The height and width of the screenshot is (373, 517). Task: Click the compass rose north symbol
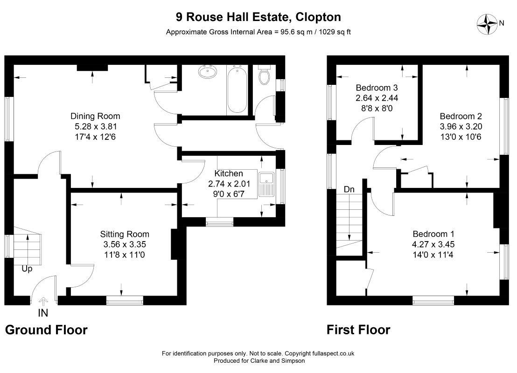(x=487, y=24)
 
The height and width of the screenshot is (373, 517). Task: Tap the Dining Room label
(x=95, y=116)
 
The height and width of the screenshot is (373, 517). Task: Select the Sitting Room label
(x=125, y=234)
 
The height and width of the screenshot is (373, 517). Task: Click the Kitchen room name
(x=229, y=173)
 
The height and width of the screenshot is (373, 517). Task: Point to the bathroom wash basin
(x=207, y=72)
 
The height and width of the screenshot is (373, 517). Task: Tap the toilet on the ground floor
(x=265, y=75)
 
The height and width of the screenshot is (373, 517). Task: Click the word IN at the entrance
(x=43, y=313)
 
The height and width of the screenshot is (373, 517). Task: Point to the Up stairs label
(x=27, y=269)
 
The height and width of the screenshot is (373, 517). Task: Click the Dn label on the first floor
(x=349, y=189)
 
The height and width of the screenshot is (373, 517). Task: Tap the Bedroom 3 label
(x=377, y=88)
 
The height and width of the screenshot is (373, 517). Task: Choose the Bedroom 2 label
(x=461, y=116)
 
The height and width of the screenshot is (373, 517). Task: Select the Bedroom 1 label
(x=433, y=234)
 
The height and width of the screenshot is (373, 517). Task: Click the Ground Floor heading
(x=46, y=330)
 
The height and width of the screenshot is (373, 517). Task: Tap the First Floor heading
(x=358, y=330)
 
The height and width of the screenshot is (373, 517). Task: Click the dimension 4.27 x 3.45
(x=433, y=244)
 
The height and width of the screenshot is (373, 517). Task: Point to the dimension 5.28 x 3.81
(x=96, y=126)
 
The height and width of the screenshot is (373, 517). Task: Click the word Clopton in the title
(x=318, y=17)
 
